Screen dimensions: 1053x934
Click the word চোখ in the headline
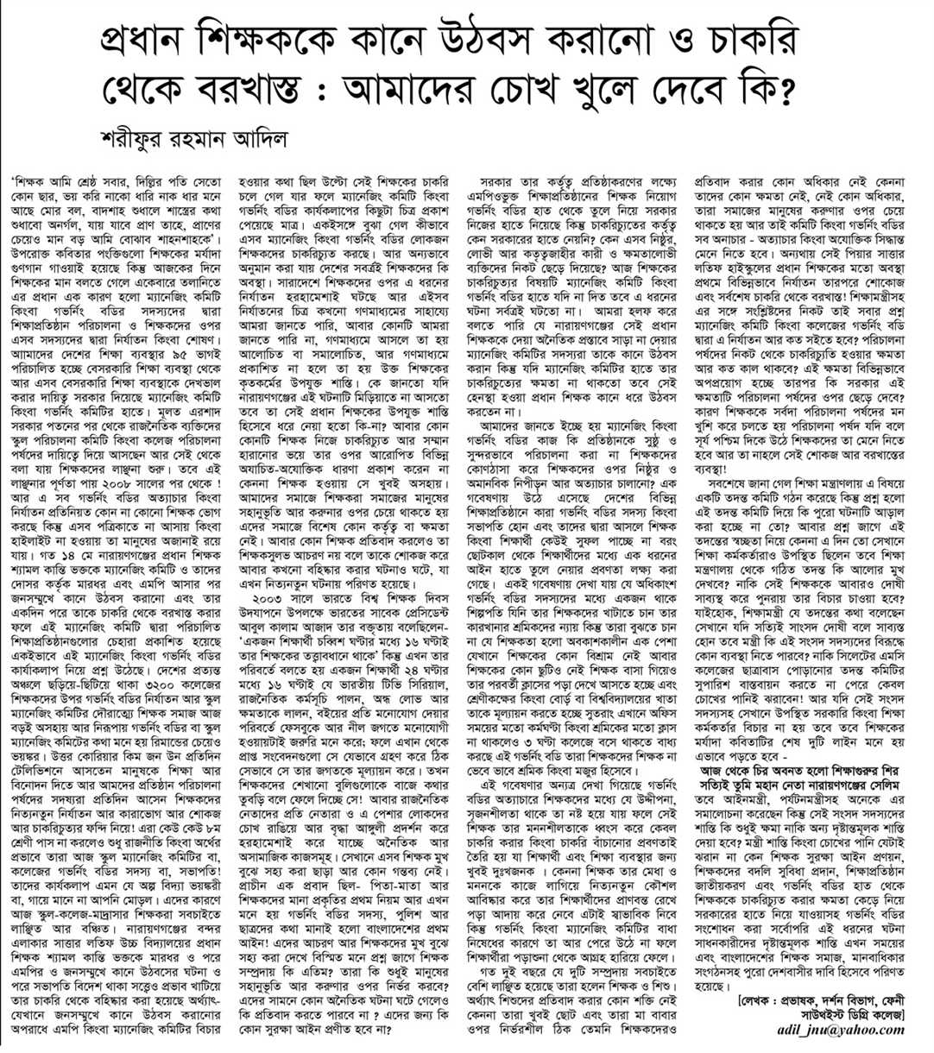point(604,89)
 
